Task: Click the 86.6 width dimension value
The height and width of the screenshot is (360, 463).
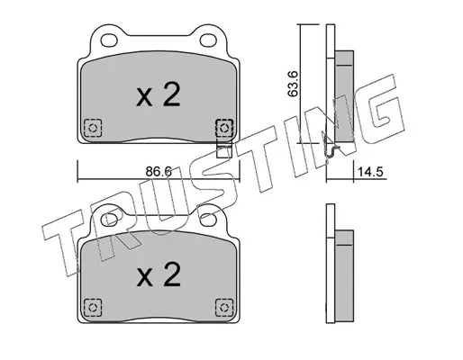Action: (x=159, y=172)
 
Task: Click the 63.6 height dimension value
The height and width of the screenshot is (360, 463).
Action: (x=293, y=84)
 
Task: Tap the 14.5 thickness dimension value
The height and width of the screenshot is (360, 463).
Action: (x=370, y=172)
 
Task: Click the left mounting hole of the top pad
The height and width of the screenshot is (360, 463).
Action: (x=109, y=40)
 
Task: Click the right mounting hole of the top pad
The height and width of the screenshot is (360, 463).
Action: (x=208, y=40)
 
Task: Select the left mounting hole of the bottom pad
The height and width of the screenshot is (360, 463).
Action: (x=109, y=220)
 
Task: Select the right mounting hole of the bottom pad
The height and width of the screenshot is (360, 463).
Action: (x=208, y=220)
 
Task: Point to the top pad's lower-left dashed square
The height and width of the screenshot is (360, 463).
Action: (x=93, y=129)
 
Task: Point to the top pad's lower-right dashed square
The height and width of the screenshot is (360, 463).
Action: (x=224, y=128)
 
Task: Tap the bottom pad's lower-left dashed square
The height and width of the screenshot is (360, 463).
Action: (x=93, y=308)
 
